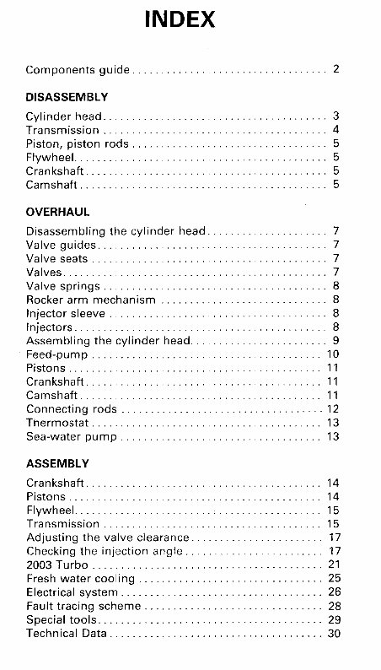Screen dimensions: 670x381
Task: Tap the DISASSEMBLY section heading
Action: (x=67, y=97)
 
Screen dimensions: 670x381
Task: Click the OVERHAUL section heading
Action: (x=57, y=213)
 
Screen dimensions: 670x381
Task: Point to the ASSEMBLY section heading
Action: (x=57, y=464)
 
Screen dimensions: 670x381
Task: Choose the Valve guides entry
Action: (x=62, y=245)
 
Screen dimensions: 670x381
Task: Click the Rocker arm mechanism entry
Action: (x=91, y=300)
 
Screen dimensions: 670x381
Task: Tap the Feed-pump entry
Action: (x=56, y=354)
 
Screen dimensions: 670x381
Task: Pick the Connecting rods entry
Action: (x=72, y=409)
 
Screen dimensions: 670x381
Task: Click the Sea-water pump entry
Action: (x=71, y=436)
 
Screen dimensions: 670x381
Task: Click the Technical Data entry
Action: (x=67, y=633)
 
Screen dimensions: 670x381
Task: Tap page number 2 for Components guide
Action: (x=335, y=69)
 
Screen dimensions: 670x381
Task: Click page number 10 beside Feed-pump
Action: (x=333, y=354)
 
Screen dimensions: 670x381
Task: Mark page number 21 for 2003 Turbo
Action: (x=333, y=565)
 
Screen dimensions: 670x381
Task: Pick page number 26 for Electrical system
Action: (x=333, y=592)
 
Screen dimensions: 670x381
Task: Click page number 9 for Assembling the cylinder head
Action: (x=335, y=341)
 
